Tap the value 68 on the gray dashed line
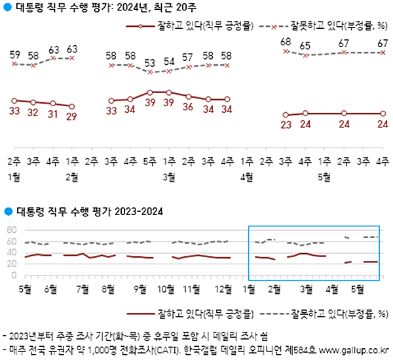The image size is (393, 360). tap(285, 42)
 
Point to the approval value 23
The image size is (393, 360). tap(285, 125)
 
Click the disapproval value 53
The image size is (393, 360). tap(150, 63)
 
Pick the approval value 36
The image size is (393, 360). tap(188, 106)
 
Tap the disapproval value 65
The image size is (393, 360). tap(305, 47)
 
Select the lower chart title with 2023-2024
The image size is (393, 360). tap(88, 212)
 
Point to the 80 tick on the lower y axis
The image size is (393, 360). tap(11, 230)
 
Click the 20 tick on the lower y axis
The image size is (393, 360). tap(11, 264)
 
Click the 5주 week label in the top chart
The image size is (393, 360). tap(150, 161)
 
